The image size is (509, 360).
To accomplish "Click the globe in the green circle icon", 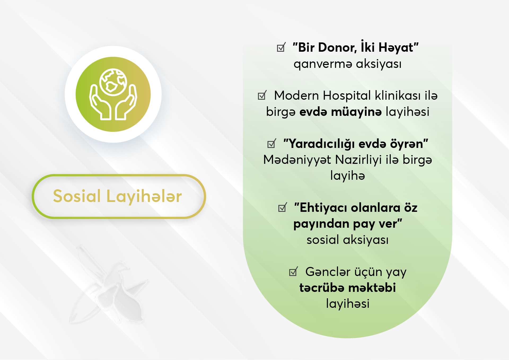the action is [113, 82].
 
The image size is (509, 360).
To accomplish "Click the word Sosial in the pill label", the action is [77, 196].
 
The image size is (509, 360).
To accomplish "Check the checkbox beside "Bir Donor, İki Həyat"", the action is [281, 47].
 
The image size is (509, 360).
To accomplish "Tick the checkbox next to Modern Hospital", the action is [262, 95].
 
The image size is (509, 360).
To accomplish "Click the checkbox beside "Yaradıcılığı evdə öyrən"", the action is [272, 143].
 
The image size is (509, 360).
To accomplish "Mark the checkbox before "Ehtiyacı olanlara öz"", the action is [283, 207].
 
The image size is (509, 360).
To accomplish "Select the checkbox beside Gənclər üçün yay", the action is [293, 271].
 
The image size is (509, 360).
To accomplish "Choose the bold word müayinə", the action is [356, 112].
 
